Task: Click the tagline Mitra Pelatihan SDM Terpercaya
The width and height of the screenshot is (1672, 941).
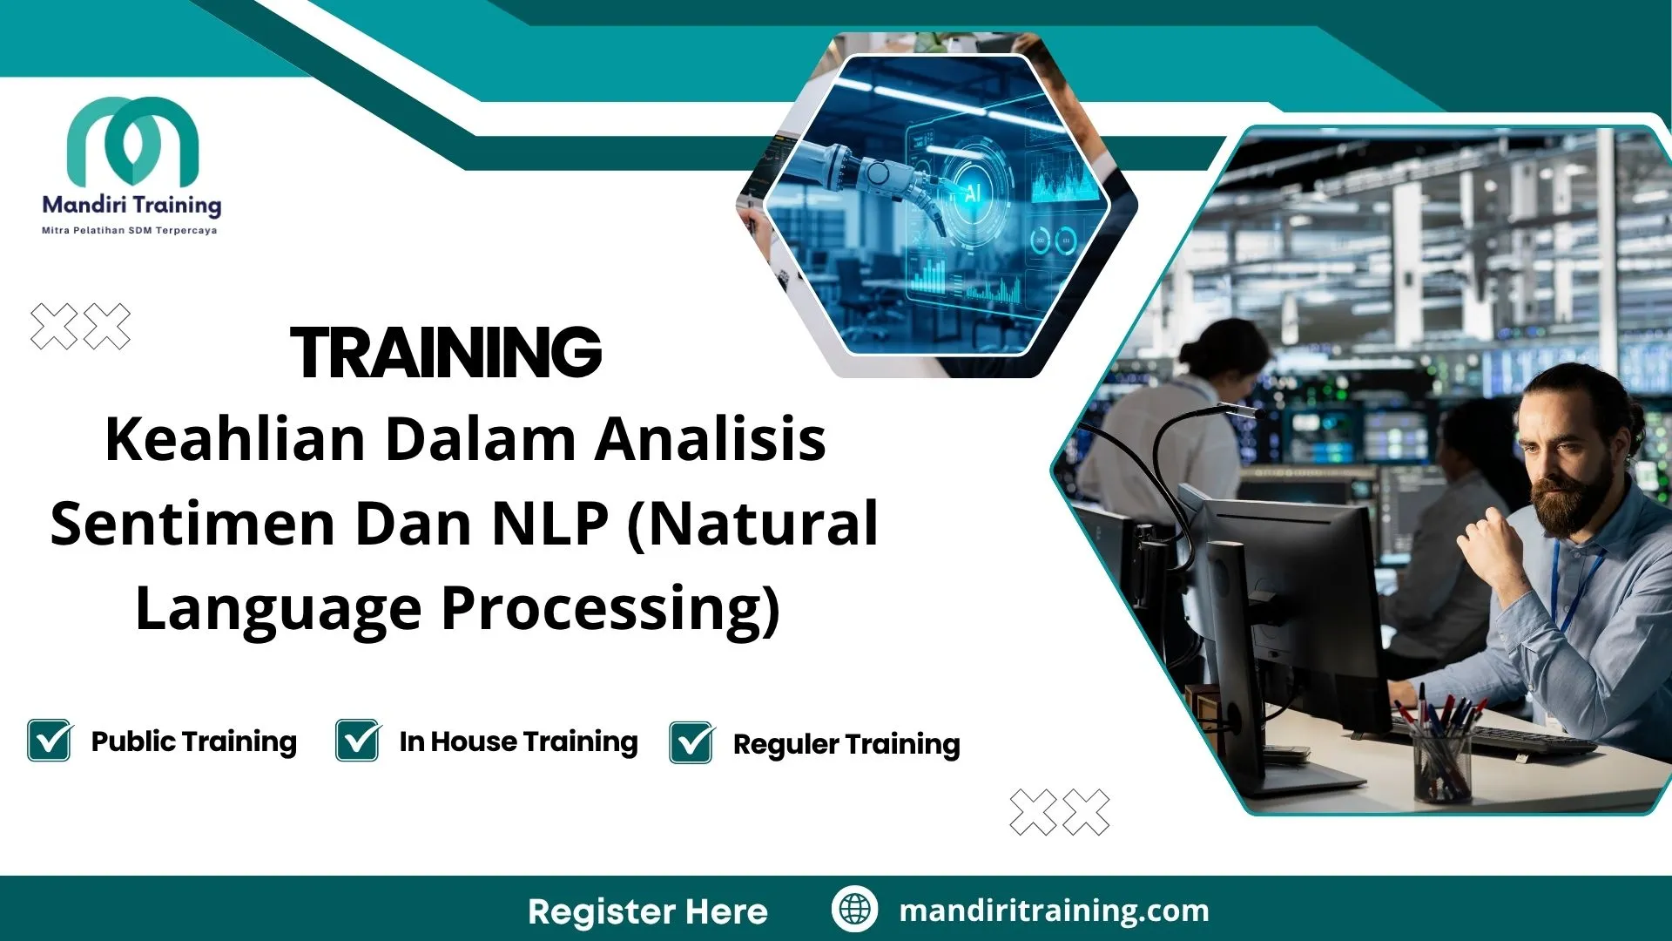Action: point(129,231)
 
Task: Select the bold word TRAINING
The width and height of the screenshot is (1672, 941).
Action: point(445,353)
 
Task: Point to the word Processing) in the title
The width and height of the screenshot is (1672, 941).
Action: point(610,608)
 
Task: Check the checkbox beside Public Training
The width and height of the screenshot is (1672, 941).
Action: point(50,741)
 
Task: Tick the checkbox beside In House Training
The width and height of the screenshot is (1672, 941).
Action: point(358,741)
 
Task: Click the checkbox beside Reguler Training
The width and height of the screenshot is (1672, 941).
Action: point(691,743)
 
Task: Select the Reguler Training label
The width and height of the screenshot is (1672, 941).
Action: point(846,744)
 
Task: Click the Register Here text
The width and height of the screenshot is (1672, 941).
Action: point(647,911)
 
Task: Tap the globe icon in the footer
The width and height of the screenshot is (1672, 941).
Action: point(854,909)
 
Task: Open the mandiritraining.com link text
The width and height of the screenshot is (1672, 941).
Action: point(1054,911)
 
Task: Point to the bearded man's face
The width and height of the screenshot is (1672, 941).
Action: point(1567,462)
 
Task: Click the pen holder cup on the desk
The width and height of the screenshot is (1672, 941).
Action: point(1441,767)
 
